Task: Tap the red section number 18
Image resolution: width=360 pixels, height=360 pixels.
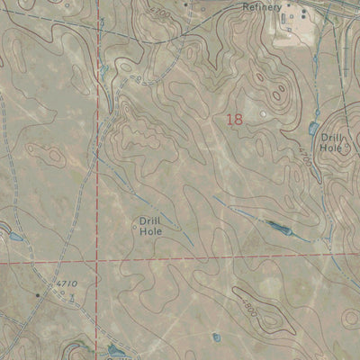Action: [235, 119]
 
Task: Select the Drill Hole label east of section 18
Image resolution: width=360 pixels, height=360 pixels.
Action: [332, 143]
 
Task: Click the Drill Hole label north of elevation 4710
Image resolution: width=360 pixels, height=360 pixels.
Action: [149, 224]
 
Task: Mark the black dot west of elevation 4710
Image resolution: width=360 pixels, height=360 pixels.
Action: [38, 294]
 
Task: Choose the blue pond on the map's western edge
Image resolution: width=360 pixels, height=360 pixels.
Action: [13, 238]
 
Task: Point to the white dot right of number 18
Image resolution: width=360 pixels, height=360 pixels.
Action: [263, 114]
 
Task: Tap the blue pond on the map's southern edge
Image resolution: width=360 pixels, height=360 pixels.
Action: [114, 350]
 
